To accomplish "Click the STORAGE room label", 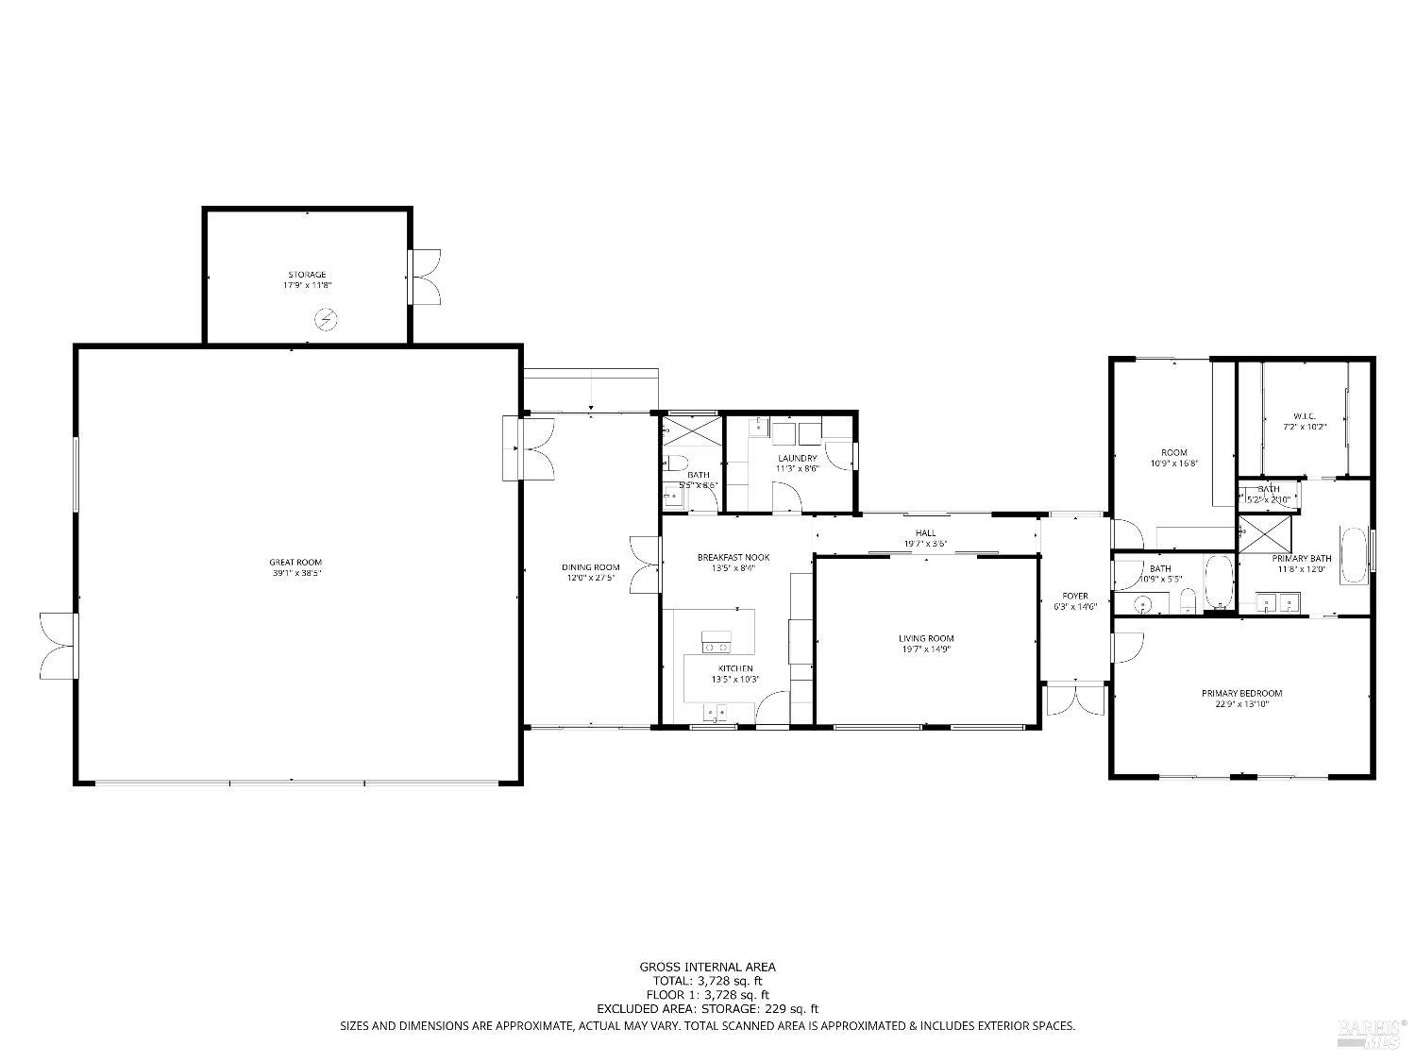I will click(307, 275).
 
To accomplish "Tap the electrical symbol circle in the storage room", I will click(326, 321).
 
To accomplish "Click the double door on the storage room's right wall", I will click(427, 277).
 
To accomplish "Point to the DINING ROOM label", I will click(590, 567).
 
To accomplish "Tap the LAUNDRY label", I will click(797, 458).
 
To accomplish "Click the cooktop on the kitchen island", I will click(716, 647).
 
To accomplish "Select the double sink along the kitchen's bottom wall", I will click(715, 712).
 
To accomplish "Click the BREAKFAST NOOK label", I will click(733, 557).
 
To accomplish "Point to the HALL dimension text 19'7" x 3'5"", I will click(926, 544).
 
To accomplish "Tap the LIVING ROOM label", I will click(926, 638).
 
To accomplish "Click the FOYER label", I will click(1075, 596).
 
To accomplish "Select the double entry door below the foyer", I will click(1075, 700).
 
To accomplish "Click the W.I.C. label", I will click(1304, 416).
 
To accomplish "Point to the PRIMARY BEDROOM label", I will click(1241, 693).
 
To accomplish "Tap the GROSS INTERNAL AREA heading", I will click(707, 966).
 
